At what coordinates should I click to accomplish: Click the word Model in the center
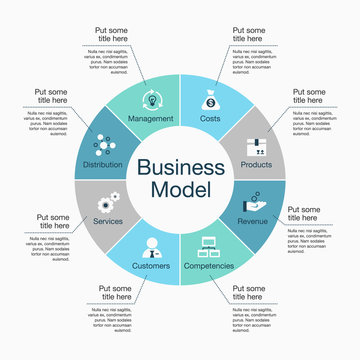(180, 192)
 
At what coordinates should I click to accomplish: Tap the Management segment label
(151, 119)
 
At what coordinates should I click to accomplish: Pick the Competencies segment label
(208, 266)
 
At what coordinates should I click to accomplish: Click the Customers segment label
(150, 266)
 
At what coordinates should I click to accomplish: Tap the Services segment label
(107, 221)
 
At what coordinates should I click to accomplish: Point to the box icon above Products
(260, 143)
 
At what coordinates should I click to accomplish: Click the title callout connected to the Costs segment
(250, 37)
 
